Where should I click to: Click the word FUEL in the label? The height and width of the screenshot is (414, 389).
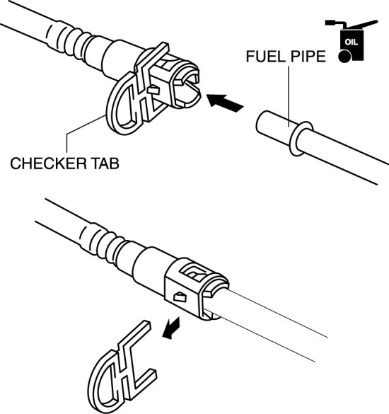click(266, 57)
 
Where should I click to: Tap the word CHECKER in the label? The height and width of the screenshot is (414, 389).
click(48, 163)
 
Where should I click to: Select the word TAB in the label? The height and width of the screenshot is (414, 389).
click(105, 163)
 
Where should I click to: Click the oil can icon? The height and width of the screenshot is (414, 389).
click(351, 41)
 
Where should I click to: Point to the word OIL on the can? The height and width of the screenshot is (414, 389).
click(352, 42)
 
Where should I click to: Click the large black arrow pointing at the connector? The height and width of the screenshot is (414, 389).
click(225, 103)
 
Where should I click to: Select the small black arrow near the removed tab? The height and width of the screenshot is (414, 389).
click(171, 328)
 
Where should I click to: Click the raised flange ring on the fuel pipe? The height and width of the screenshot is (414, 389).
click(301, 139)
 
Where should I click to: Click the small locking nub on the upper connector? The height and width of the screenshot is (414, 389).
click(153, 90)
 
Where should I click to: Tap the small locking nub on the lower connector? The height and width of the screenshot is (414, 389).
click(180, 297)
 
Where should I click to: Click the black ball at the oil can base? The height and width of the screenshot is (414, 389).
click(344, 57)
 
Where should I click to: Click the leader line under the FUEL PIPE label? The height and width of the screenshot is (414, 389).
click(289, 96)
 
